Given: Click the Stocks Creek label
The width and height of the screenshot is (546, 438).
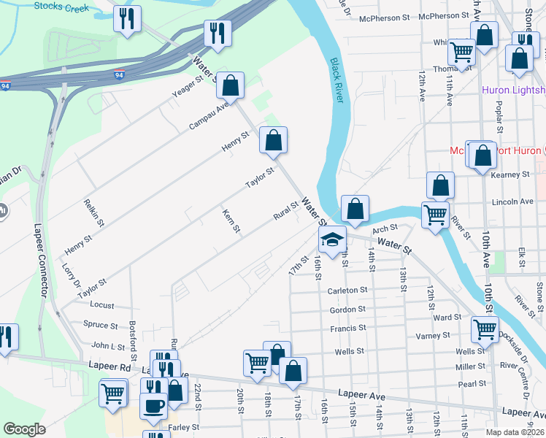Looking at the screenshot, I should (61, 8).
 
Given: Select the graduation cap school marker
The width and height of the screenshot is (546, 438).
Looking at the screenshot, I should (331, 240).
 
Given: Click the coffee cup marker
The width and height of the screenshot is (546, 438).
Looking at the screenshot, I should (153, 406).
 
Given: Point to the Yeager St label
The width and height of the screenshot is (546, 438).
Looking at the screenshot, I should (185, 89).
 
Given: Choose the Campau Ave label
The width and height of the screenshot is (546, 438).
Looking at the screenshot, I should (209, 115).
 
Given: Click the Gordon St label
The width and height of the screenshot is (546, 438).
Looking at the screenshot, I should (347, 310).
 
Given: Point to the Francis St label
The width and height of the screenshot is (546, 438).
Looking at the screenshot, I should (347, 329).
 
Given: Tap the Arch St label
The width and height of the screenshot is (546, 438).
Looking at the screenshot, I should (384, 229).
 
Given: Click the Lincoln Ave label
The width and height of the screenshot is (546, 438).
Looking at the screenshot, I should (512, 201).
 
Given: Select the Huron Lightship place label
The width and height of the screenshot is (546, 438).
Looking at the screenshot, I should (513, 90).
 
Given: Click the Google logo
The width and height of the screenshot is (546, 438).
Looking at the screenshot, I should (24, 429).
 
